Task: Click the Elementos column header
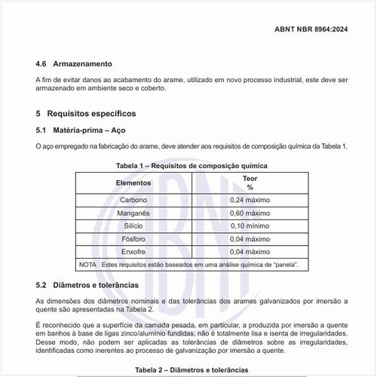133,182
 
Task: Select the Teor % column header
250,182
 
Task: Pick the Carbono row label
133,201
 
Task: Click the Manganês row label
133,213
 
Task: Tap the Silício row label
133,226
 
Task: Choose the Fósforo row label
133,239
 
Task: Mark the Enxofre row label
133,252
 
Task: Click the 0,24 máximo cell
250,201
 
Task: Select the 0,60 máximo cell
250,213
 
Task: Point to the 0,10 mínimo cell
250,226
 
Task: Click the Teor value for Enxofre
250,252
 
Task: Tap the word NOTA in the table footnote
87,265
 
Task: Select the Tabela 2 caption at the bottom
192,370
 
